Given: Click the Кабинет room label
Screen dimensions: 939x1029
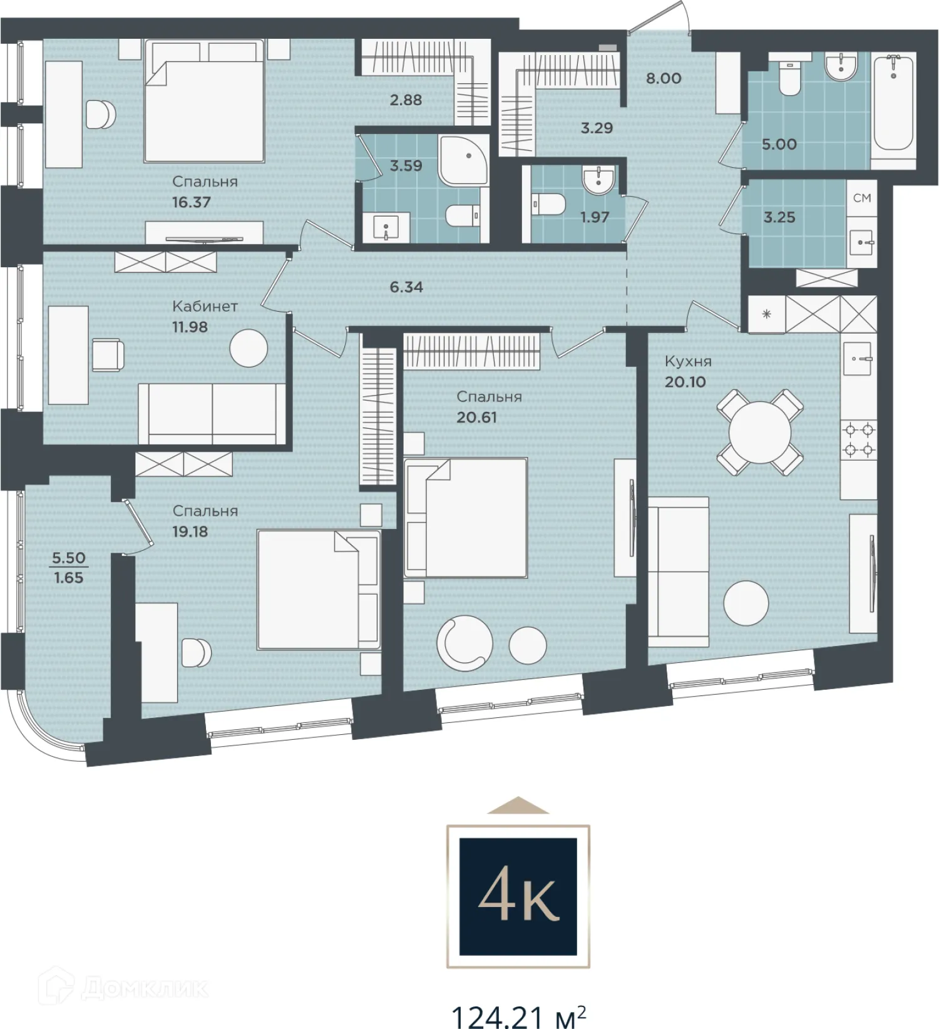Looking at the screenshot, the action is click(205, 306).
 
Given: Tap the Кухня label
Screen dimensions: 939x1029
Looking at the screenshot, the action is click(688, 361).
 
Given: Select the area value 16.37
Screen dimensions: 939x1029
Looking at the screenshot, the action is click(191, 202).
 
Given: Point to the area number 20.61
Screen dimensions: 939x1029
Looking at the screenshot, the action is click(476, 417).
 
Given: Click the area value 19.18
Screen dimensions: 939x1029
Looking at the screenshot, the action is click(190, 531).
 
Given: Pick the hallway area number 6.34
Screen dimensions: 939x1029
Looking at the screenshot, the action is click(406, 287).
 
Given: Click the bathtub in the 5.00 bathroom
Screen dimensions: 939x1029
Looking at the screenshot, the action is click(893, 103).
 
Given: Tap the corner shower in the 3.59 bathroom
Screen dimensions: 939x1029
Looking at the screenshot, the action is click(464, 161).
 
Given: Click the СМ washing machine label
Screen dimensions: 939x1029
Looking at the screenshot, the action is click(862, 198).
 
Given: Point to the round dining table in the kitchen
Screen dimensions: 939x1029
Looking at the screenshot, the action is click(760, 432).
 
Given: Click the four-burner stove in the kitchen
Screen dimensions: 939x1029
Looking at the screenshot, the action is click(859, 439).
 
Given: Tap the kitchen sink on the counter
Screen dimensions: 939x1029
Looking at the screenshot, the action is click(859, 359).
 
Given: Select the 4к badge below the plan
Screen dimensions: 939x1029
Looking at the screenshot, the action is click(518, 896).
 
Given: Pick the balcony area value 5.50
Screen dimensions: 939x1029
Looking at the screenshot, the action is click(69, 558).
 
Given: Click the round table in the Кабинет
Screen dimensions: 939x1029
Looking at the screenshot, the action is click(249, 348).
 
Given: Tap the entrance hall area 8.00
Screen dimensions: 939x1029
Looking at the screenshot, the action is click(664, 78).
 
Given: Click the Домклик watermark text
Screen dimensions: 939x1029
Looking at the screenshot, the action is click(145, 988).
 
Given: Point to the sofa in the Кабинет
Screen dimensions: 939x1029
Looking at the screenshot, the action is click(212, 414).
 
